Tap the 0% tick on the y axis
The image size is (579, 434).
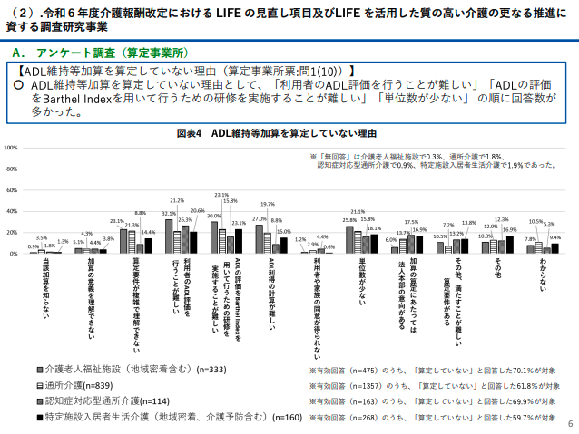click(12, 254)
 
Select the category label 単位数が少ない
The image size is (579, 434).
click(359, 283)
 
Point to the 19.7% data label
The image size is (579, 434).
click(268, 205)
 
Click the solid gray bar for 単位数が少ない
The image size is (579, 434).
click(349, 239)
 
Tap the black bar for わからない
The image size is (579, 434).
click(554, 248)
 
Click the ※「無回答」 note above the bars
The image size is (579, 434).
click(427, 156)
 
